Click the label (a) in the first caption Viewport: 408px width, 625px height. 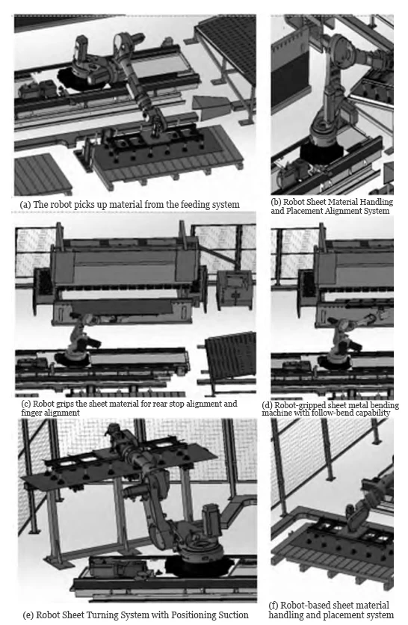[25, 205]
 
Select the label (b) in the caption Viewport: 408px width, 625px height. [276, 202]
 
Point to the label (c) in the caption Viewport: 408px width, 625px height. [26, 404]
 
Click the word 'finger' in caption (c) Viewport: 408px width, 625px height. [31, 413]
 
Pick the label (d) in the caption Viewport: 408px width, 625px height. [268, 405]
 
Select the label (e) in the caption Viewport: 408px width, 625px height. [28, 615]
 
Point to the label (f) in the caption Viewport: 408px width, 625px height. [273, 606]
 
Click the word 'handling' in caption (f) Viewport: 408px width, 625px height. [282, 615]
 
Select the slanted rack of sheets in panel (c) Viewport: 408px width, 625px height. [230, 356]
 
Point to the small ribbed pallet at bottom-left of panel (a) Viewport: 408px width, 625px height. [43, 174]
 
